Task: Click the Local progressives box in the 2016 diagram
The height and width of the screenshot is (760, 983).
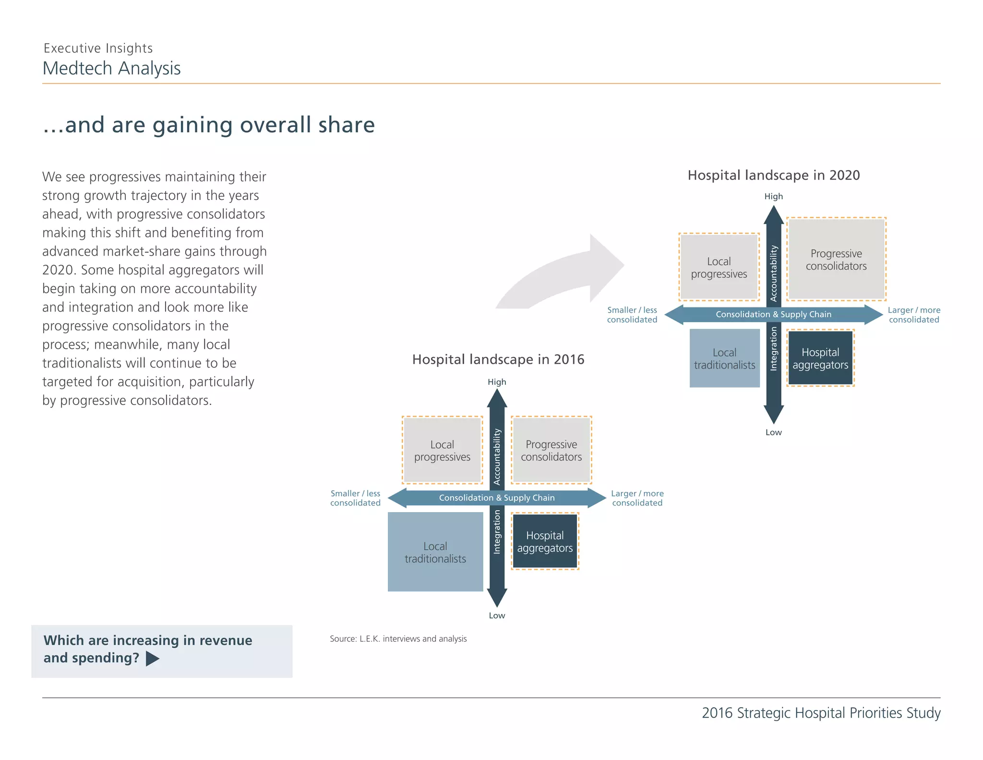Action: click(442, 450)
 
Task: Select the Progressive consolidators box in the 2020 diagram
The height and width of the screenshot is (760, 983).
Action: click(837, 259)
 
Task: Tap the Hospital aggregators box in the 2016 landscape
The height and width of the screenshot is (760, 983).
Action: click(545, 541)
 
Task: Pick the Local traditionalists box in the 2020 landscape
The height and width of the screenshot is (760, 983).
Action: click(725, 358)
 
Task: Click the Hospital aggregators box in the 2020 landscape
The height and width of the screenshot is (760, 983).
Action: click(820, 358)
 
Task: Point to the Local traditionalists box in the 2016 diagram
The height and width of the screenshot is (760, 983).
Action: click(435, 552)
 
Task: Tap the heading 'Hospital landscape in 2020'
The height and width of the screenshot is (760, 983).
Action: click(774, 175)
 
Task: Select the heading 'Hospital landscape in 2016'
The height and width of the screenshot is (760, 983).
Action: click(498, 359)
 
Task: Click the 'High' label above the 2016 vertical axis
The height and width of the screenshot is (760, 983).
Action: click(497, 382)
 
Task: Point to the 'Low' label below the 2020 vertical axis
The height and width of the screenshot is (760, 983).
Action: click(774, 432)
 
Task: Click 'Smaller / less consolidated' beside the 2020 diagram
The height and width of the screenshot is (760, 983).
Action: click(632, 315)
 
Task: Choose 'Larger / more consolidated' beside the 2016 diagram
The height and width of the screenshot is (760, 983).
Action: click(637, 498)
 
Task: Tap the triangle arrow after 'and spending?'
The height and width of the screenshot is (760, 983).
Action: click(152, 659)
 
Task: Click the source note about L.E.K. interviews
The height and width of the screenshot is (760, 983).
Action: click(398, 639)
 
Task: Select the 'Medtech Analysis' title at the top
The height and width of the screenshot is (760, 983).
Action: click(112, 68)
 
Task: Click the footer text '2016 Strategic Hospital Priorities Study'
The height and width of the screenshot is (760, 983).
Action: click(821, 713)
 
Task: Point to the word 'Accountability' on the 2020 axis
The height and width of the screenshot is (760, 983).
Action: click(774, 273)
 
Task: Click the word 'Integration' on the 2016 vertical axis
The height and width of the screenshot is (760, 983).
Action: click(497, 532)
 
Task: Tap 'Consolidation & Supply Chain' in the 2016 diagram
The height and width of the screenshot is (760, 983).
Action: click(497, 498)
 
